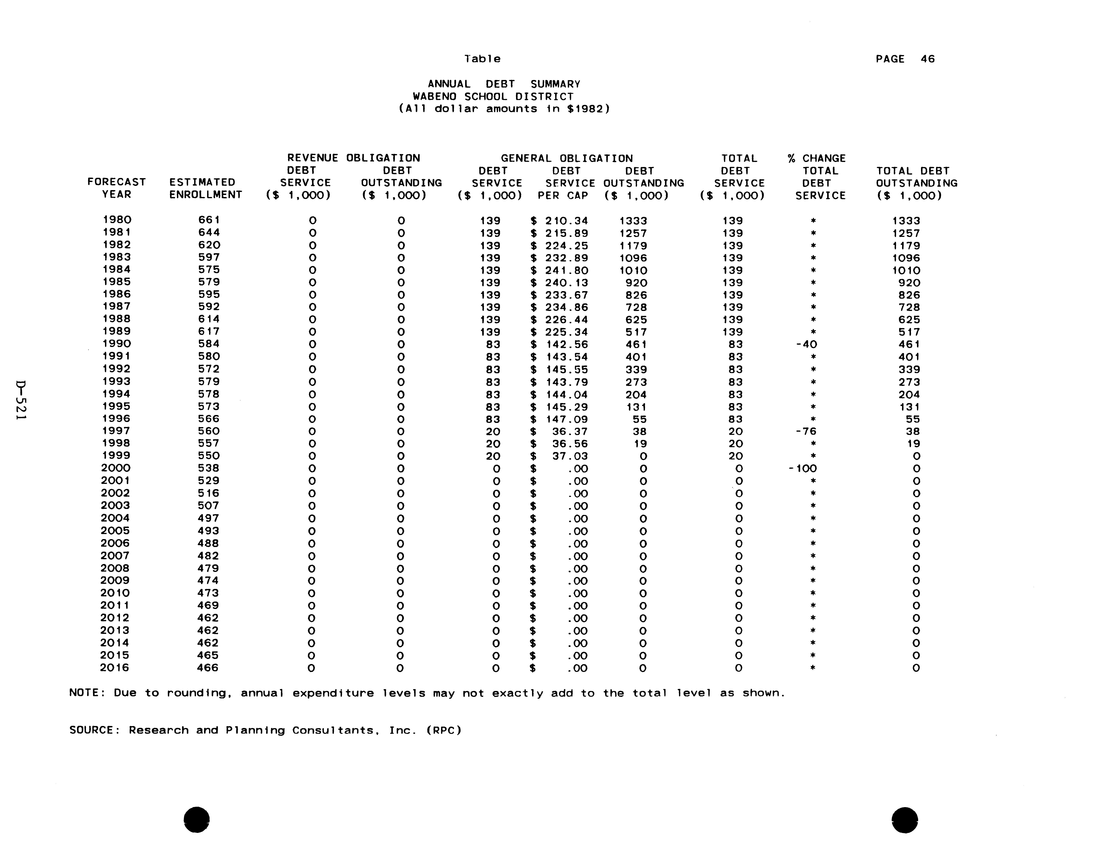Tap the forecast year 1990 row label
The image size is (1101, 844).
(117, 344)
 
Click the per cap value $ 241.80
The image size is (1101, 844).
(566, 270)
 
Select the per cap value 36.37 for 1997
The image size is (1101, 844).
(570, 432)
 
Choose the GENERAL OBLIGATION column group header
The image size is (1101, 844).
(567, 158)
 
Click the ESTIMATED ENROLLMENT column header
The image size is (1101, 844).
(205, 188)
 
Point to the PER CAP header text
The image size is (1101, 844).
(563, 195)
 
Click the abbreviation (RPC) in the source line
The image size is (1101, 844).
(443, 731)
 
